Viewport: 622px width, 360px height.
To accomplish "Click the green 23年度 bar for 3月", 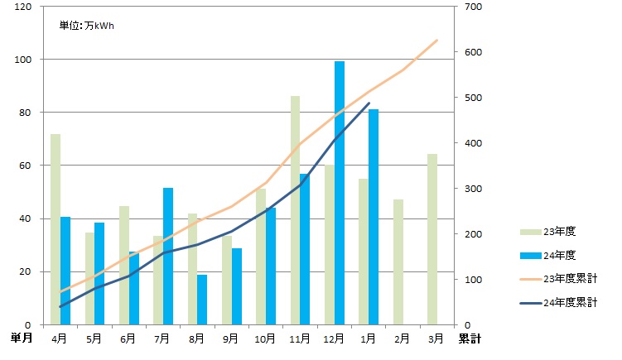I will tap(432, 239).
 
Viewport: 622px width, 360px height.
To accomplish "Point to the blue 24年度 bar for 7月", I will tap(168, 257).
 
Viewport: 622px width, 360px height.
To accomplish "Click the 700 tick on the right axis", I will tap(470, 7).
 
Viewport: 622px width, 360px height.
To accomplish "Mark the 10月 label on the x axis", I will tap(265, 338).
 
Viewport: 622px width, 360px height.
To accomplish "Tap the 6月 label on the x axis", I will tap(128, 338).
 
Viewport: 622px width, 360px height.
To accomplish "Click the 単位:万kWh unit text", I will tap(87, 26).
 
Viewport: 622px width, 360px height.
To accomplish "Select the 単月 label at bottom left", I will tap(22, 338).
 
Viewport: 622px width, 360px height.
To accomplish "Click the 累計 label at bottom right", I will tap(470, 338).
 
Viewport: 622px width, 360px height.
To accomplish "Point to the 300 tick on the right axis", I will tap(470, 189).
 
